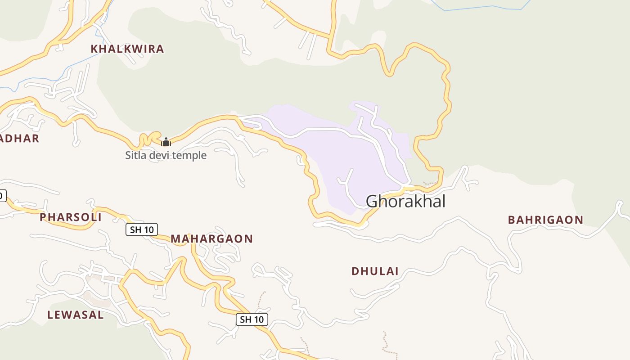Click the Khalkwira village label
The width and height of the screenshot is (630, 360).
(127, 49)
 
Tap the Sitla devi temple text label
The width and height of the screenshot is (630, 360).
(166, 156)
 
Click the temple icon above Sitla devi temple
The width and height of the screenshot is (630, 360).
(166, 142)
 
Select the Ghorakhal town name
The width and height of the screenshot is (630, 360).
(405, 201)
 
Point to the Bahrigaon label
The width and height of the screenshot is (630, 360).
(545, 220)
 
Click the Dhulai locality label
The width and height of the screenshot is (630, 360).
(375, 271)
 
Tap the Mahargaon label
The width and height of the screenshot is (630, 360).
(211, 239)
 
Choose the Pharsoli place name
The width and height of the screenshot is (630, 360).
(71, 217)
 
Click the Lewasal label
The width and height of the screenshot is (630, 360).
(76, 315)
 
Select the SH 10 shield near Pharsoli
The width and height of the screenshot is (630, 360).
(141, 229)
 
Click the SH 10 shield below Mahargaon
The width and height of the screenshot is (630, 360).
(252, 319)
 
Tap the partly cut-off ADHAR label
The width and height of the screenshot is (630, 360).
(19, 139)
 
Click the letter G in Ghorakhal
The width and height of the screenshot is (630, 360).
(373, 201)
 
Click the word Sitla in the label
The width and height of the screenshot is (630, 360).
(135, 156)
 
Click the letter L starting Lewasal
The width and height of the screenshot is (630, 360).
(50, 315)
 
